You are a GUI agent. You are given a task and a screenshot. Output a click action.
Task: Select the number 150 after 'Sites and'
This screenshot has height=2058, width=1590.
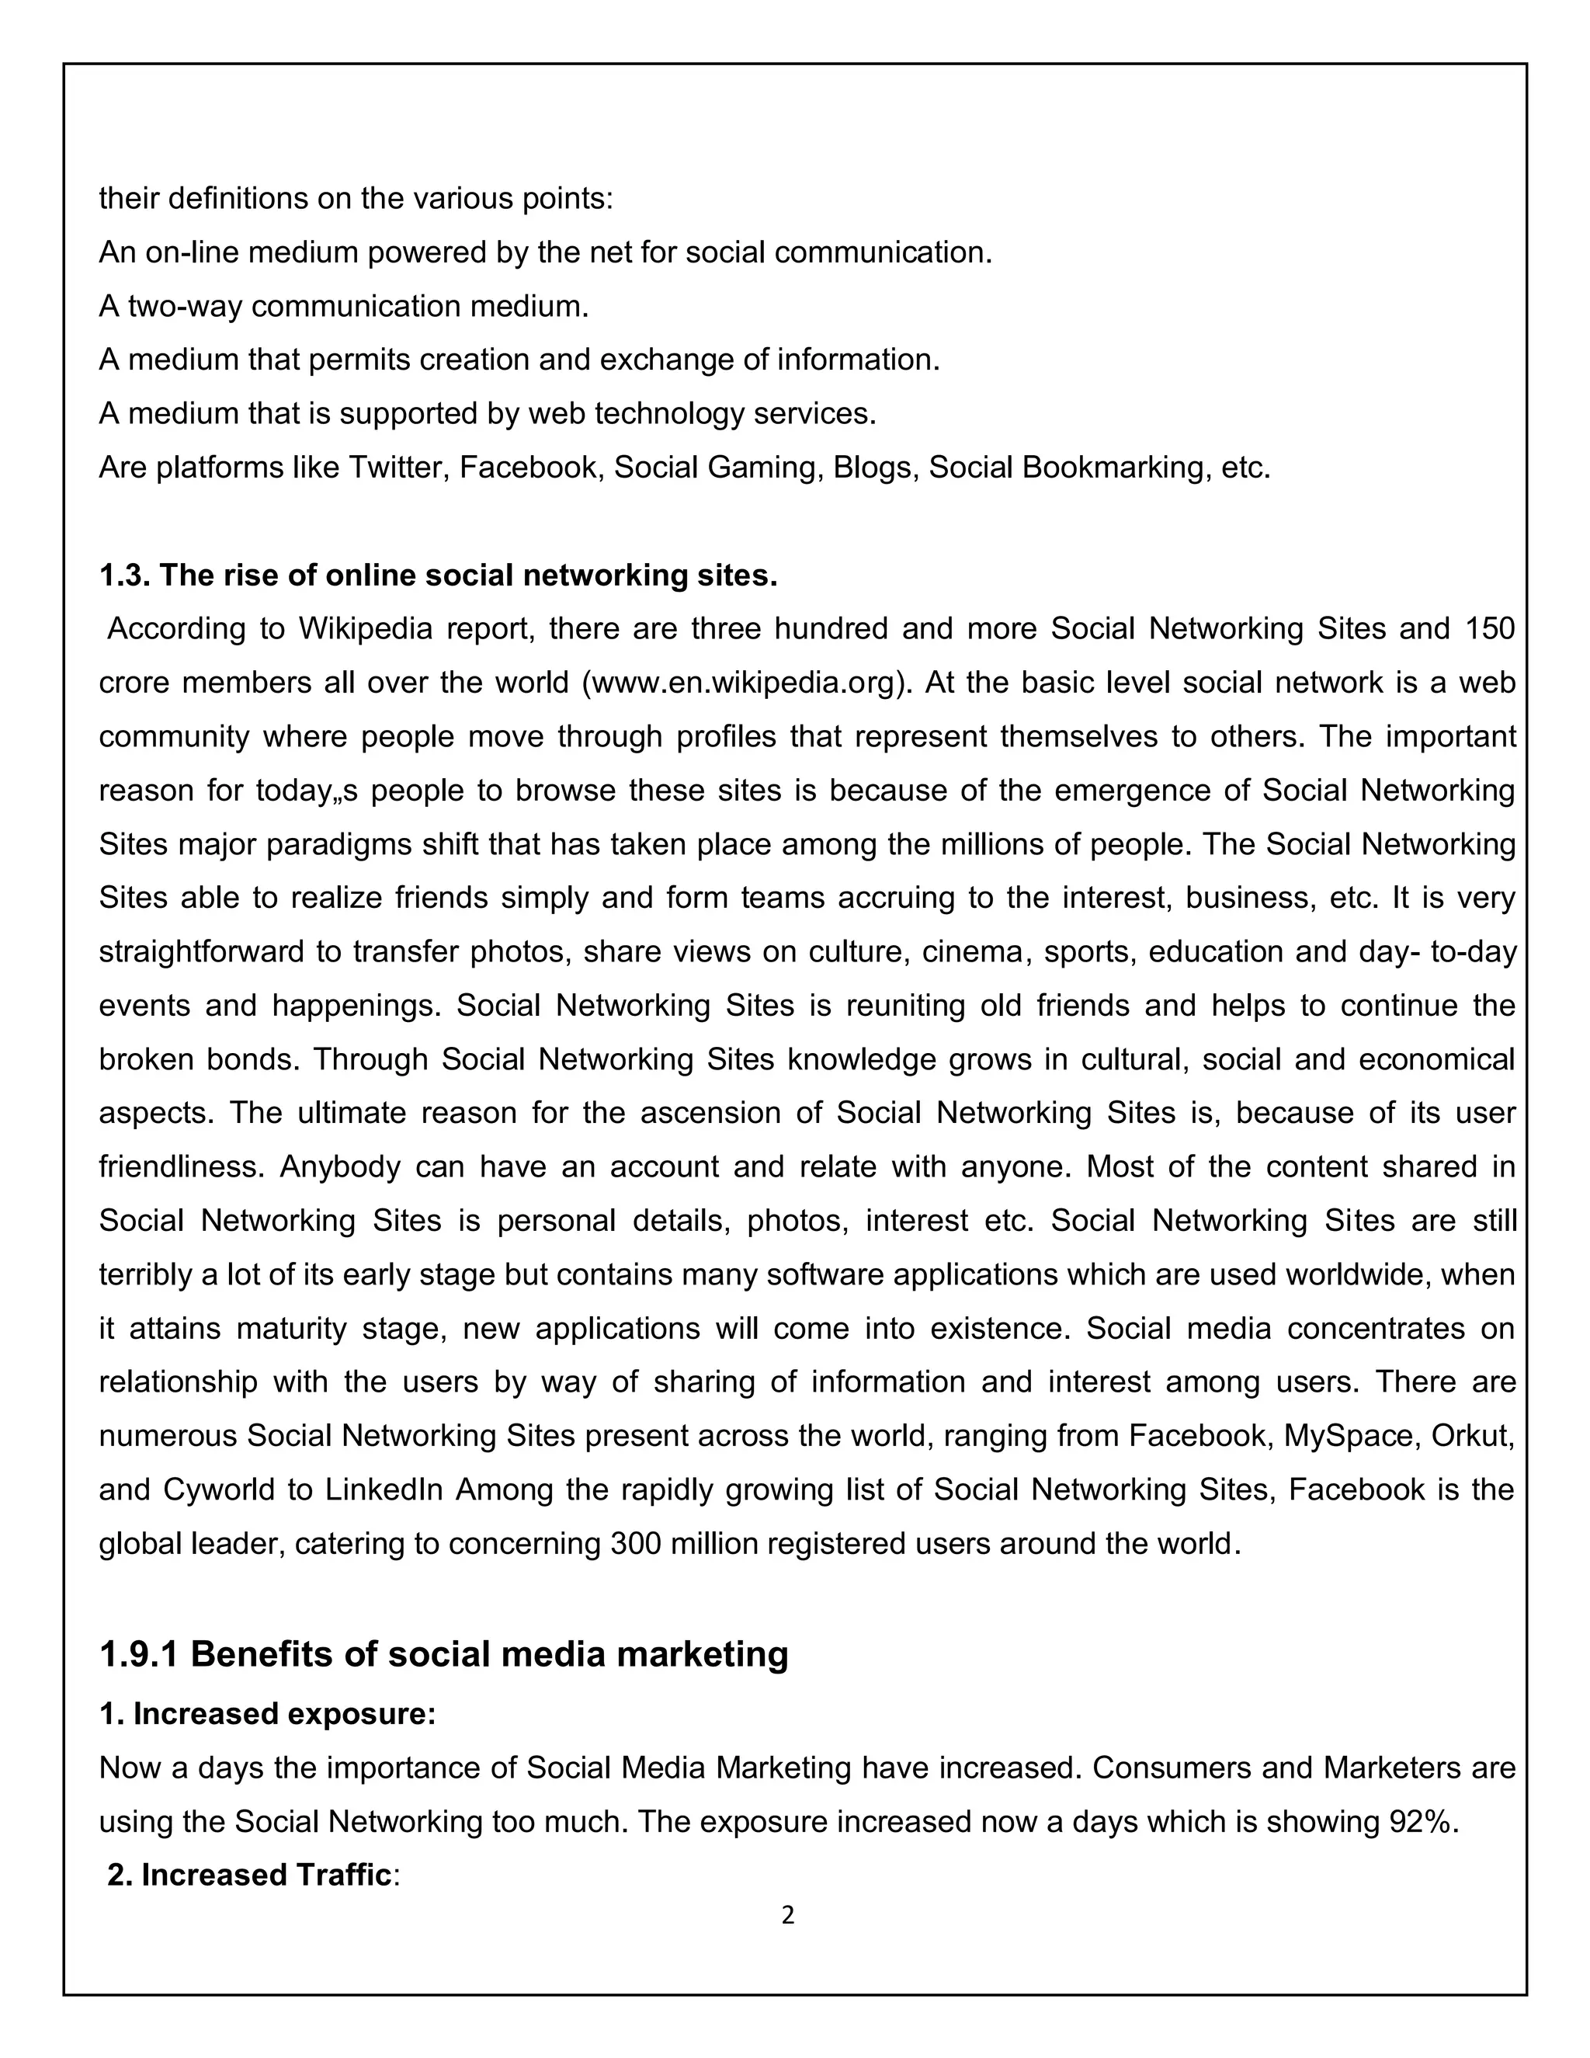(x=1489, y=628)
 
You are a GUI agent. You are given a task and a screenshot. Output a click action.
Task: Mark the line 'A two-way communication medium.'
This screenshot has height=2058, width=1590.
(x=344, y=306)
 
